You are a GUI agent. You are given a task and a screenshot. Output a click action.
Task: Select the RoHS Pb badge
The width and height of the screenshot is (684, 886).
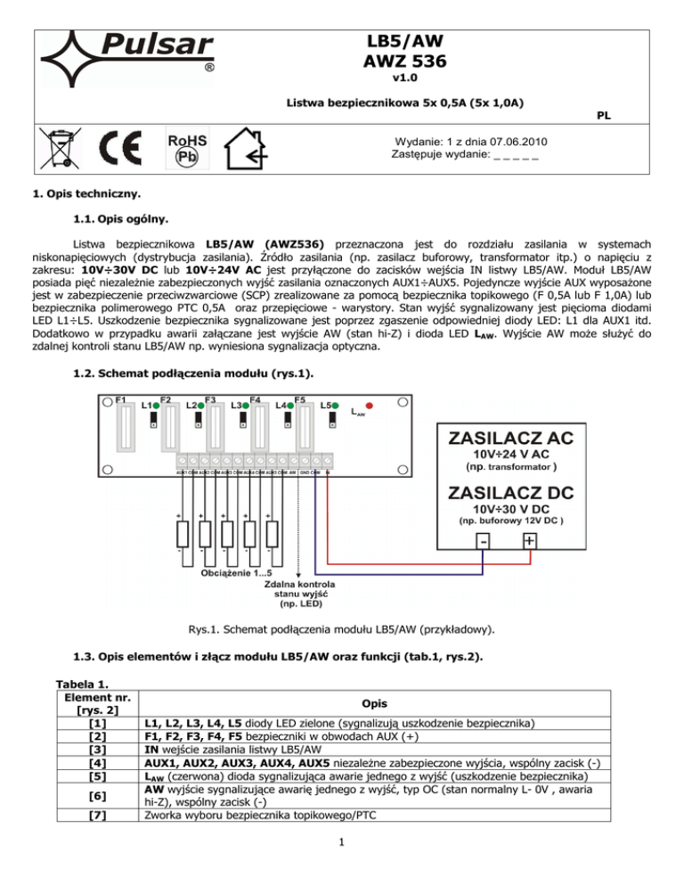187,149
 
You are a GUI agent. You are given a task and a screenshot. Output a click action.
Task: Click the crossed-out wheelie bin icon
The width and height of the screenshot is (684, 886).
59,148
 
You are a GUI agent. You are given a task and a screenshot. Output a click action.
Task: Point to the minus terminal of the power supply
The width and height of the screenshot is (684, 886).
483,541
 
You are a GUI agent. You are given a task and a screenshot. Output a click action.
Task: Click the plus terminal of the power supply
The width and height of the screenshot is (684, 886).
530,541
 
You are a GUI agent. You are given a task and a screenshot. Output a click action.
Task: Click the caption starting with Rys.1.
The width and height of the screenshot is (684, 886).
341,629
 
